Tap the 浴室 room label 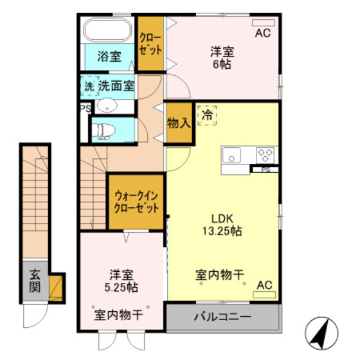point(109,56)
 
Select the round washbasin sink point(107,107)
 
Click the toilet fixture point(104,131)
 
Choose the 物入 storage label point(179,122)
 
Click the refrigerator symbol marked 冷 point(207,116)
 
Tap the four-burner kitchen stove point(265,154)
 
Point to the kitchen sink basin point(231,155)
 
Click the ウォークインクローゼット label point(135,201)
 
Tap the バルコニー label point(222,317)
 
